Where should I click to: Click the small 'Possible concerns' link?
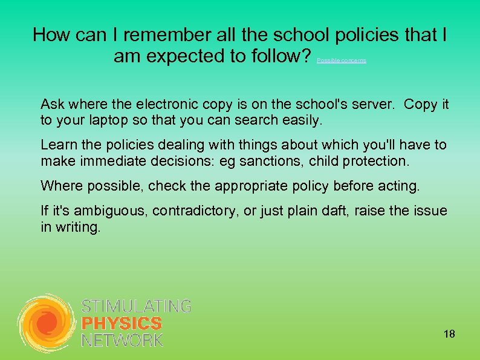[342, 61]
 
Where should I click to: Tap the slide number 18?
[449, 334]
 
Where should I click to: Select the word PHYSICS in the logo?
[122, 324]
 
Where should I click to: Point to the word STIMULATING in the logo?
[136, 306]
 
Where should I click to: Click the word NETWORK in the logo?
[122, 341]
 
